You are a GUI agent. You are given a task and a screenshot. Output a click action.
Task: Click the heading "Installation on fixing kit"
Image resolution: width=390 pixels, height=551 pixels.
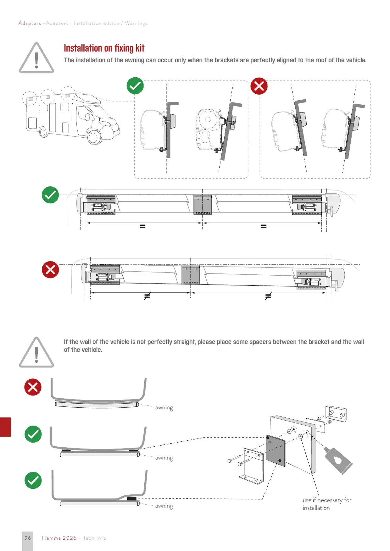(104, 48)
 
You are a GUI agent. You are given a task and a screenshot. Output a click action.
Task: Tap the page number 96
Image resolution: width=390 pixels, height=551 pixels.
(28, 538)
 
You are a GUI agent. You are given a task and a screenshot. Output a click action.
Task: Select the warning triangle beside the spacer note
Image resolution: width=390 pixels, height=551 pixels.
(36, 352)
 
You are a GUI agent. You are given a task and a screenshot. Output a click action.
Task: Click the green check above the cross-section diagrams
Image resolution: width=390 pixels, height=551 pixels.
(135, 86)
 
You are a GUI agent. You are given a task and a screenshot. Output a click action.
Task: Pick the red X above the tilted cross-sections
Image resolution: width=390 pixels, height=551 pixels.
(259, 86)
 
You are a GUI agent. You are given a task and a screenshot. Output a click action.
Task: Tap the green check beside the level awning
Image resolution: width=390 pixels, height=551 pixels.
(50, 195)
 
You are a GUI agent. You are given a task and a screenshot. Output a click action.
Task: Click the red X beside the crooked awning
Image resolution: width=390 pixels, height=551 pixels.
(50, 270)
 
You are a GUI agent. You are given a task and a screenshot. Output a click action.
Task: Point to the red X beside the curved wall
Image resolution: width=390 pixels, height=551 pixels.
(33, 387)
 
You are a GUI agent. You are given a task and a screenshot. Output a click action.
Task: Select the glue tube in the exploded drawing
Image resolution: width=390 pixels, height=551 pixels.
(337, 460)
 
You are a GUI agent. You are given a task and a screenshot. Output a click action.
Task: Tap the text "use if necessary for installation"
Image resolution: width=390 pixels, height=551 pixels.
(327, 504)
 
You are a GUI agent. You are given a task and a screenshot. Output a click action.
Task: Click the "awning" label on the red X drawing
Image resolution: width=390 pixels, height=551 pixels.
(164, 408)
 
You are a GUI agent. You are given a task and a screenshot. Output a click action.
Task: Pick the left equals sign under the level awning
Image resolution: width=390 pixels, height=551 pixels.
(143, 226)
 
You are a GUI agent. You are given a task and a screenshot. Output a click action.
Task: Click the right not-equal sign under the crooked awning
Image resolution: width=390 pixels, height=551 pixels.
(268, 296)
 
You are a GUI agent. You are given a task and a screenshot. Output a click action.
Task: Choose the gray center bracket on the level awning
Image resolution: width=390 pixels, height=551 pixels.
(203, 205)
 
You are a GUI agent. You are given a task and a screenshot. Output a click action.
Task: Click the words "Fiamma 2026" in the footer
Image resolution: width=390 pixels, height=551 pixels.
(59, 538)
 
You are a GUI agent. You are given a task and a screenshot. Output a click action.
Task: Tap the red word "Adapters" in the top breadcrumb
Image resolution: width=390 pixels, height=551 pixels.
(30, 23)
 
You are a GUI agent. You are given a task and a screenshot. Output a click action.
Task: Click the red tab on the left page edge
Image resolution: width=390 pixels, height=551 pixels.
(5, 427)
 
